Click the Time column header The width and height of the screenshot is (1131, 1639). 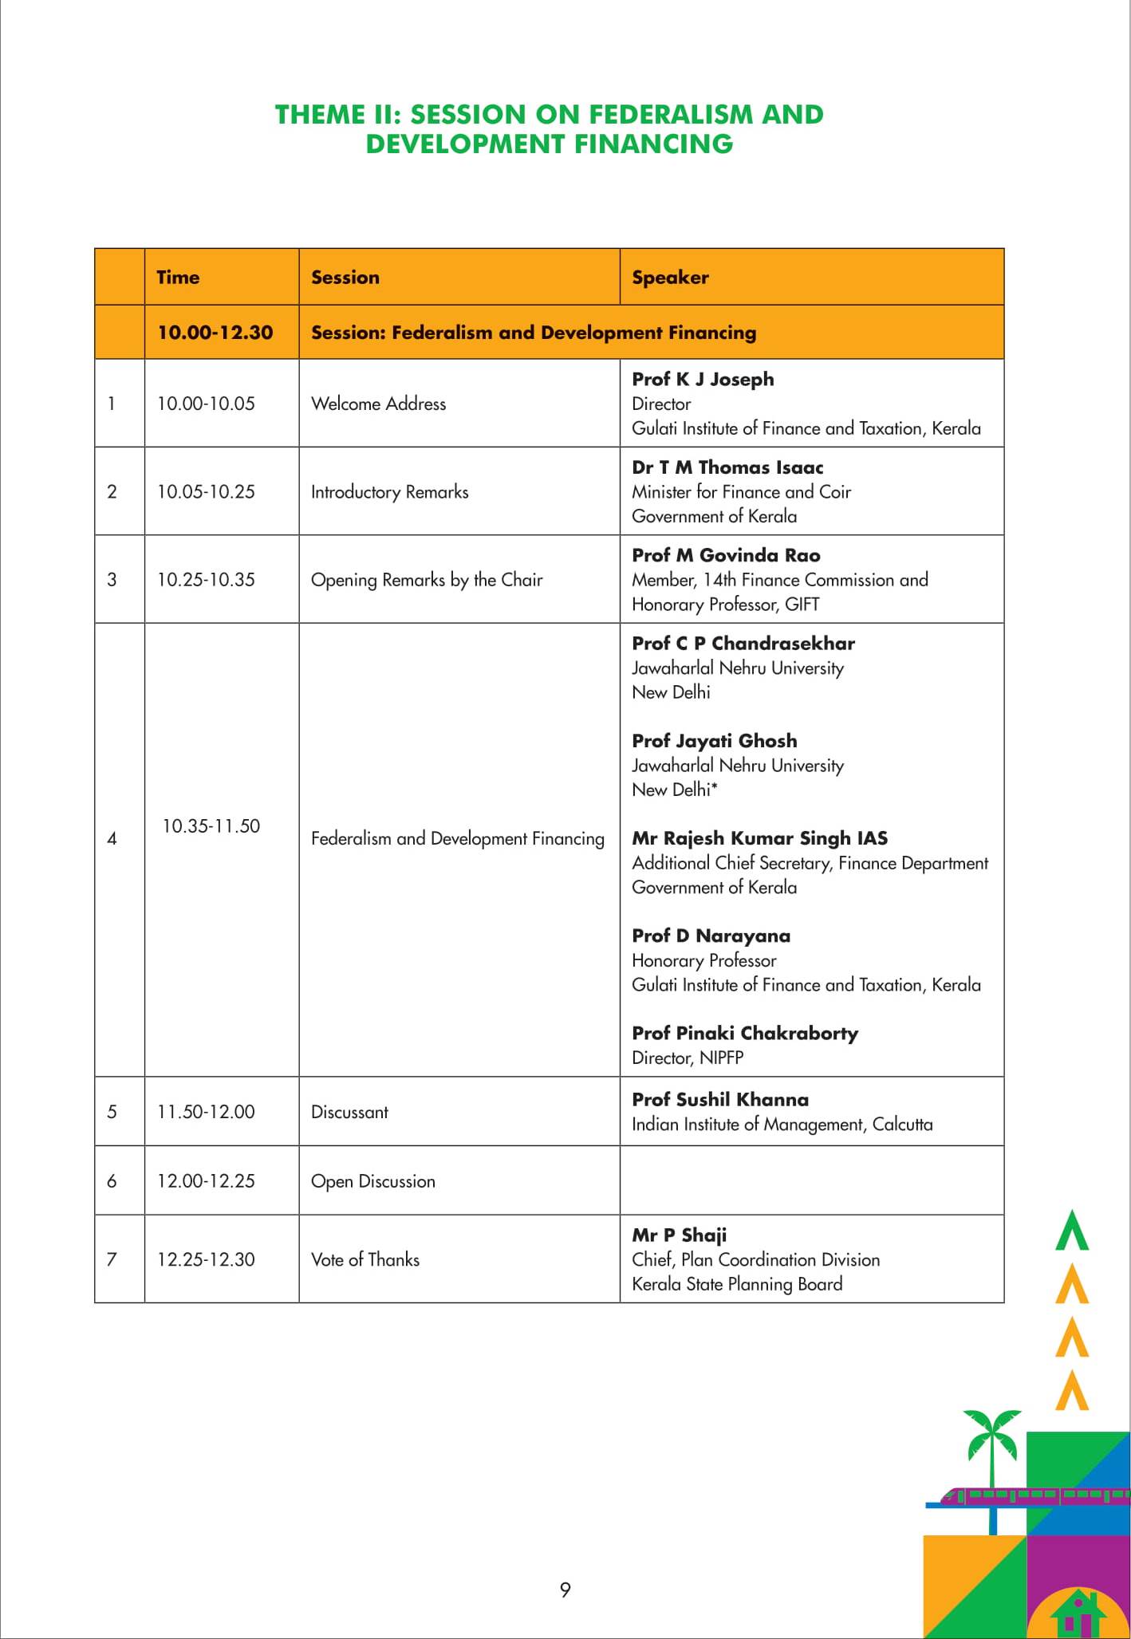pos(178,278)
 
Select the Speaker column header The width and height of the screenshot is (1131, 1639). pos(670,278)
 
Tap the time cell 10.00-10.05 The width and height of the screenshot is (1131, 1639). pos(206,404)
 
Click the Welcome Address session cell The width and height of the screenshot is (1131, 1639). pos(378,404)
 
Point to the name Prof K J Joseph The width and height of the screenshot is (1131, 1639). pos(703,380)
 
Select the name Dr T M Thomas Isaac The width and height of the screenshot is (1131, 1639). pos(727,467)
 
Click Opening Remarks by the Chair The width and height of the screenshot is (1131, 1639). pos(427,580)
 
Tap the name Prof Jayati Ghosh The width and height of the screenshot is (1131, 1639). pos(714,741)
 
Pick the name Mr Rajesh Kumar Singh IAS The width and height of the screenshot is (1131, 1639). pos(759,838)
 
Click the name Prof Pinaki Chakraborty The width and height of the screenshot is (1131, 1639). pos(745,1033)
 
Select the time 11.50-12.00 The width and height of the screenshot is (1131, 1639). pos(206,1112)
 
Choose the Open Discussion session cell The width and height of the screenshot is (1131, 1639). pos(373,1181)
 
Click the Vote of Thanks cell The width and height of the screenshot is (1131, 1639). pos(365,1259)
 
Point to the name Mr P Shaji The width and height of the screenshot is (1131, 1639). pos(679,1235)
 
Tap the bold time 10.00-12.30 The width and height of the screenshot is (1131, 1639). pos(215,333)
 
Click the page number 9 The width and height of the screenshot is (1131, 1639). pos(565,1590)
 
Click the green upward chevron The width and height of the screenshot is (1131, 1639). pos(1071,1231)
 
